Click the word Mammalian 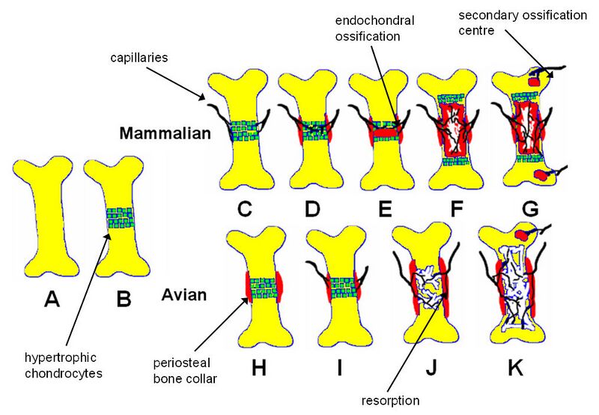click(x=161, y=134)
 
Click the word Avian click(x=184, y=294)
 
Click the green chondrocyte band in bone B click(x=124, y=219)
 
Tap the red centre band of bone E click(x=383, y=133)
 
